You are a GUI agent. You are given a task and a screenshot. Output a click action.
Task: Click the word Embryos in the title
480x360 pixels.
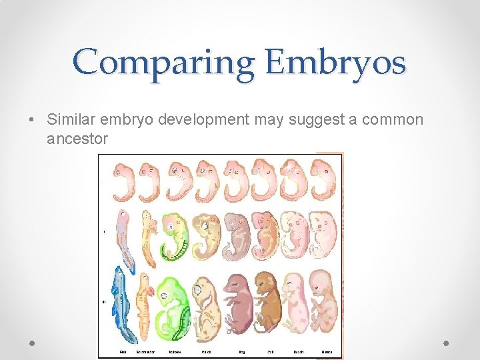pos(334,63)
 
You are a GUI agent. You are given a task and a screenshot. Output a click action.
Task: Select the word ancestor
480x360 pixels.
pos(77,139)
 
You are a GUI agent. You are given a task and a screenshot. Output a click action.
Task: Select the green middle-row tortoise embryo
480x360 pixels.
pos(175,237)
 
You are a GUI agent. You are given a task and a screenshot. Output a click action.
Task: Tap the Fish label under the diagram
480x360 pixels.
pos(123,351)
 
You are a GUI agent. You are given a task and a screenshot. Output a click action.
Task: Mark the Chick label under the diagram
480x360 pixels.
pos(207,351)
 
